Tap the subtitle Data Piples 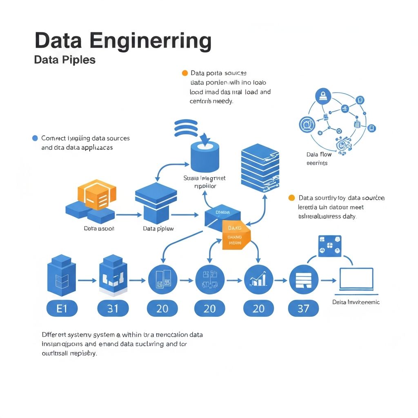click(64, 60)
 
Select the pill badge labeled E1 click(61, 308)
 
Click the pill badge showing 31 click(113, 308)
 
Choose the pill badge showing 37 click(303, 308)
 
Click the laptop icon click(356, 280)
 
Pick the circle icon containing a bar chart click(258, 280)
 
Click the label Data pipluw click(158, 229)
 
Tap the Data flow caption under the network click(319, 155)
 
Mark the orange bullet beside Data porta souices click(185, 73)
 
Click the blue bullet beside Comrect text click(35, 138)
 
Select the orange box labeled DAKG click(236, 235)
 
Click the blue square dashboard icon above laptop click(329, 246)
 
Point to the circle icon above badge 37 click(303, 280)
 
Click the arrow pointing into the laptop click(329, 280)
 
